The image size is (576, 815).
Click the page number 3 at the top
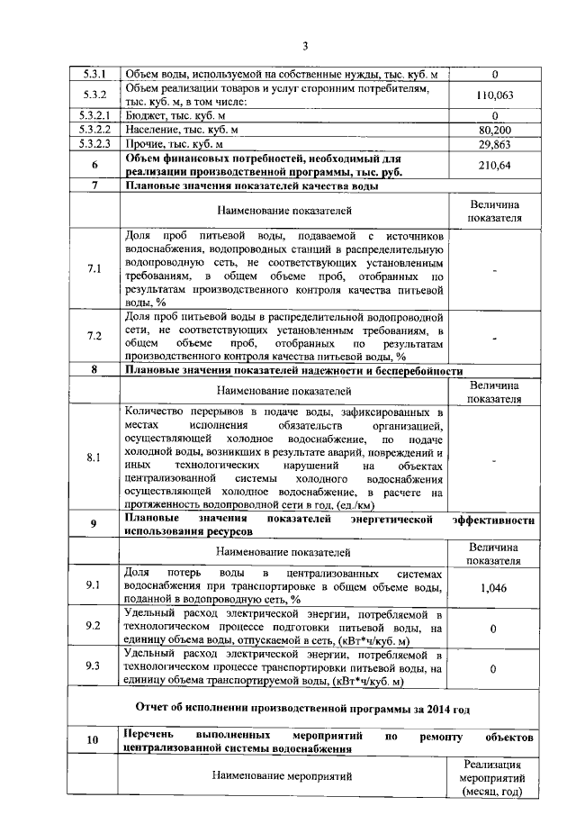tap(304, 46)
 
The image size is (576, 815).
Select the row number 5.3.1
tap(94, 74)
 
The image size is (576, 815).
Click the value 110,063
tap(494, 95)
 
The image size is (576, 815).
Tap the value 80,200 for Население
tap(494, 130)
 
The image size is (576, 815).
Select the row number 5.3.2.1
tap(94, 115)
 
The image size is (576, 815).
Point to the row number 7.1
tap(94, 268)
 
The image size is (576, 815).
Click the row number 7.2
tap(94, 336)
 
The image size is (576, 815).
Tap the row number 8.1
tap(94, 457)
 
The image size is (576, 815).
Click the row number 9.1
tap(94, 586)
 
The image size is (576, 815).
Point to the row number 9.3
tap(94, 667)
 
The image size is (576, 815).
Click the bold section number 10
tap(94, 741)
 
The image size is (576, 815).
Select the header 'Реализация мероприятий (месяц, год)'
tap(494, 776)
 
